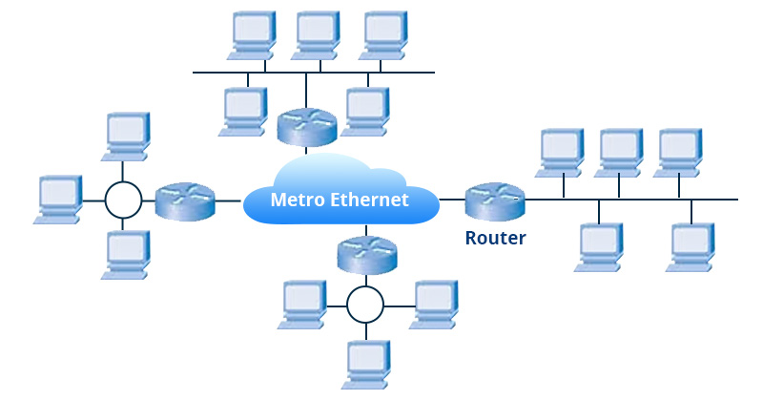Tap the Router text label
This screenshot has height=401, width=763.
click(495, 238)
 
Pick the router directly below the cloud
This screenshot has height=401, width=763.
click(366, 254)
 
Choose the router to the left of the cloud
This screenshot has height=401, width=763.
click(185, 200)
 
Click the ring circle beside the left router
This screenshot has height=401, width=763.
click(123, 200)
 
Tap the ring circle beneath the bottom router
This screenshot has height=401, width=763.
click(365, 305)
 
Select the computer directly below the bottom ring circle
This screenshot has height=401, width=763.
click(366, 364)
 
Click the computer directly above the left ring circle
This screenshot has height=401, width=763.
click(126, 137)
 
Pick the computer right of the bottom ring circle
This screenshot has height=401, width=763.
click(433, 304)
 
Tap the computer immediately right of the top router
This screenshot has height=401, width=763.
click(364, 111)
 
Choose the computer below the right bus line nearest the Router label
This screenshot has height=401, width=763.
click(599, 246)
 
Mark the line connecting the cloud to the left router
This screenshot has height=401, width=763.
click(229, 200)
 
